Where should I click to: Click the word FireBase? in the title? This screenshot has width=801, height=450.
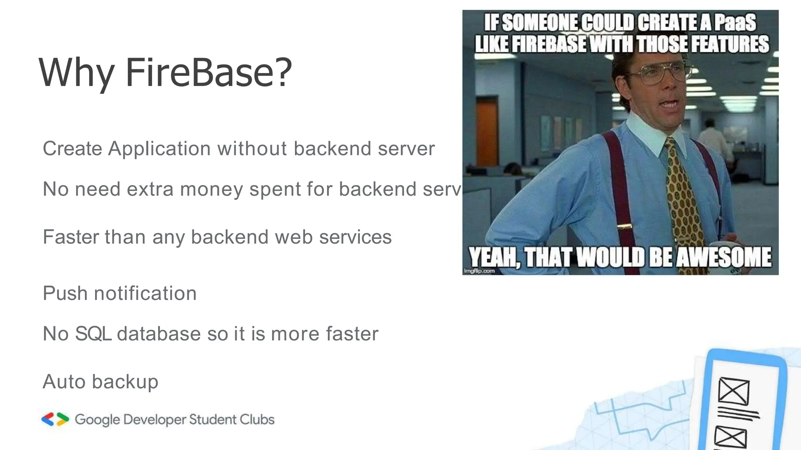click(x=208, y=73)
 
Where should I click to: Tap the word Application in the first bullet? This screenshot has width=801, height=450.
click(x=160, y=149)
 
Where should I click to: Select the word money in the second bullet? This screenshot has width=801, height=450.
click(x=212, y=189)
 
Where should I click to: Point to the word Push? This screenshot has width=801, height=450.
click(x=65, y=293)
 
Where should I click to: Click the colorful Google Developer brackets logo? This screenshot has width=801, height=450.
click(x=55, y=419)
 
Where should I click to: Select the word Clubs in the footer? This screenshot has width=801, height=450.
click(x=257, y=420)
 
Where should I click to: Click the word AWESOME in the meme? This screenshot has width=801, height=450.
click(x=724, y=257)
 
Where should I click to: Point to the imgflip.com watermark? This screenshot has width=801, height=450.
click(x=479, y=271)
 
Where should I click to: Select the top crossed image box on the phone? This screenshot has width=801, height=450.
click(x=734, y=391)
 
